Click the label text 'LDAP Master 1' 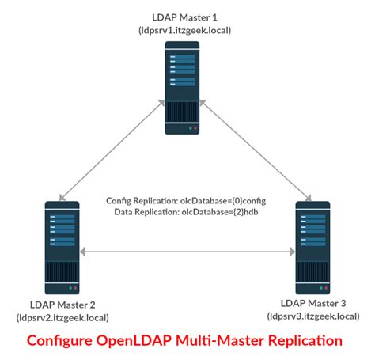187,16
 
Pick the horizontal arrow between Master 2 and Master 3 187,252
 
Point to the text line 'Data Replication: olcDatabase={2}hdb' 187,211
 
